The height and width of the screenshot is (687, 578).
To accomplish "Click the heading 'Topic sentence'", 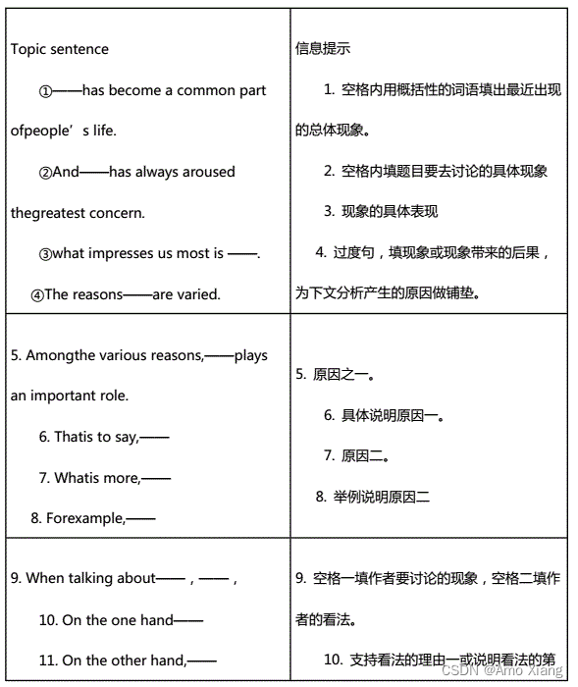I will coord(59,49).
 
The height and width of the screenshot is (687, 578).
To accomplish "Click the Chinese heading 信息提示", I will coord(323,48).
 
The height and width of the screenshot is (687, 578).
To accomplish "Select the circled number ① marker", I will coord(45,91).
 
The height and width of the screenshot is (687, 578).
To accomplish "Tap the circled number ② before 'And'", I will coord(45,173).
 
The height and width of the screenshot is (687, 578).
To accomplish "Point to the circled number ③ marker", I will coord(45,254).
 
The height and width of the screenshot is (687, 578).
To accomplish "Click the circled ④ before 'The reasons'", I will coord(37,294).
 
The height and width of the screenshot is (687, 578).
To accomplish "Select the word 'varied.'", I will coord(199,293).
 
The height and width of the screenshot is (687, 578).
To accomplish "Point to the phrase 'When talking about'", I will coord(90,578).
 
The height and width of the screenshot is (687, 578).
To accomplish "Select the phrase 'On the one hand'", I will coord(117,619).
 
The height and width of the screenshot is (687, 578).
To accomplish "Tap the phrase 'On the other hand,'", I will coord(124,661).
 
